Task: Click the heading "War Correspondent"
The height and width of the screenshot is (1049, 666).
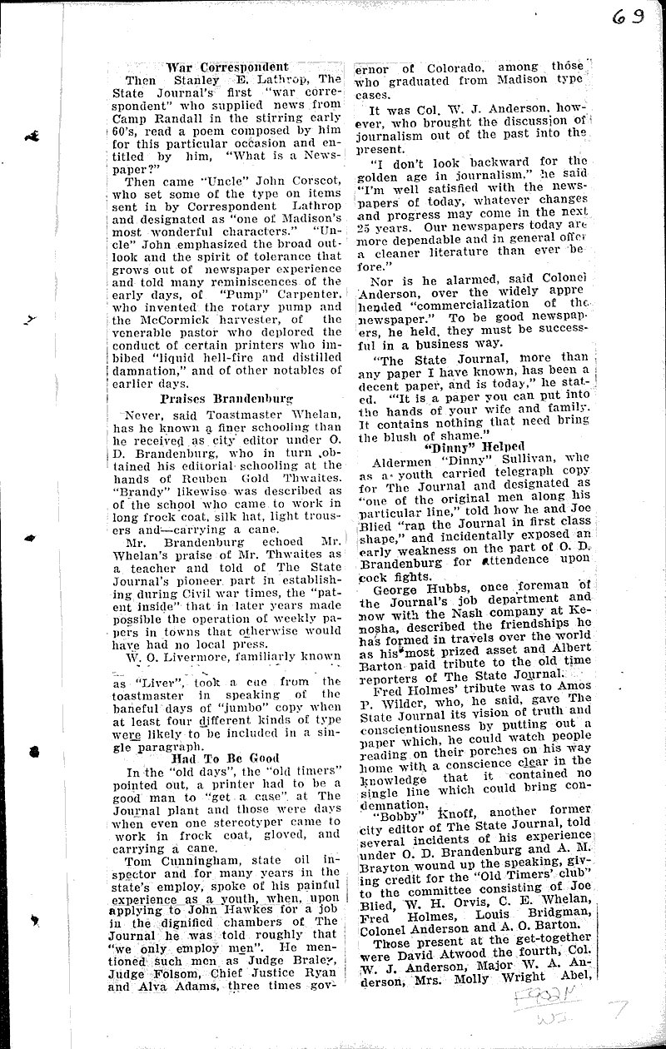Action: pyautogui.click(x=226, y=67)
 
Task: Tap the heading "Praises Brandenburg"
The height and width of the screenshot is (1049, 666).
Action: pyautogui.click(x=226, y=398)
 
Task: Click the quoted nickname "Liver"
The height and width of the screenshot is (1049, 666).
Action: pyautogui.click(x=141, y=681)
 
